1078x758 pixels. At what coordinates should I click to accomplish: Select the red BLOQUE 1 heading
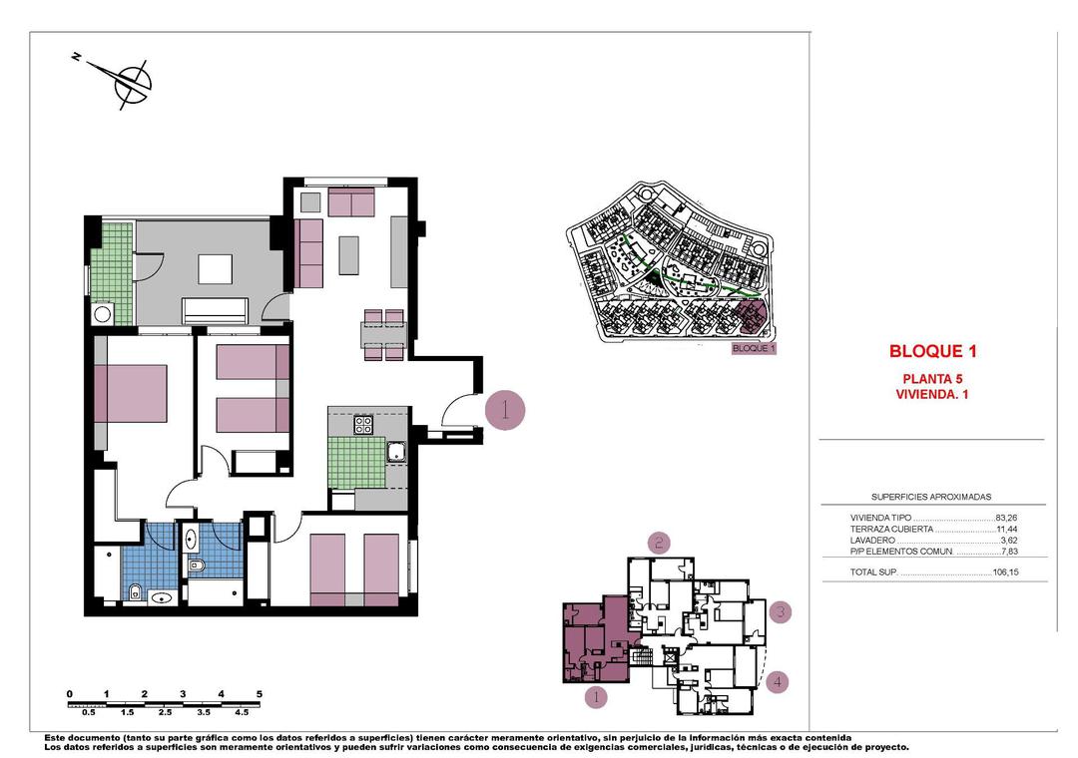(x=931, y=351)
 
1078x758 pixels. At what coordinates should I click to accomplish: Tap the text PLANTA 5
(x=931, y=378)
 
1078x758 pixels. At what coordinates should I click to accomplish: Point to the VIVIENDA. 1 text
(x=931, y=394)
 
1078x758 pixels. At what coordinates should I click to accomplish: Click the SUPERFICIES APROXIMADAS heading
(x=930, y=497)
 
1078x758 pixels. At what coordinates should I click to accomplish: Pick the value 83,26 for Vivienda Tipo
(x=1006, y=519)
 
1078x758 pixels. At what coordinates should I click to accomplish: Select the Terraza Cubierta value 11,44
(x=1006, y=530)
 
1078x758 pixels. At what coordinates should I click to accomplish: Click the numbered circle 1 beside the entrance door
(x=505, y=410)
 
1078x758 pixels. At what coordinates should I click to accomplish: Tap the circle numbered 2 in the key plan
(x=659, y=543)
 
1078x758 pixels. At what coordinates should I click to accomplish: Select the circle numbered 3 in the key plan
(x=781, y=612)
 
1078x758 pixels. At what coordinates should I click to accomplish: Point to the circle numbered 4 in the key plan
(x=779, y=682)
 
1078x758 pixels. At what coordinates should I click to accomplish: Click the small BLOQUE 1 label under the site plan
(x=753, y=349)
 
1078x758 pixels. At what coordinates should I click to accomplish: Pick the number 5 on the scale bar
(x=260, y=693)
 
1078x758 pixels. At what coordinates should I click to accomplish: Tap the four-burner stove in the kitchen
(x=363, y=425)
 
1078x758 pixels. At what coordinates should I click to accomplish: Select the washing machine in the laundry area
(x=102, y=315)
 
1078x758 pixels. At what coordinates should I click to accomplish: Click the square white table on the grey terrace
(x=215, y=269)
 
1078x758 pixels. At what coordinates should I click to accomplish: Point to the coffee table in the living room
(x=348, y=254)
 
